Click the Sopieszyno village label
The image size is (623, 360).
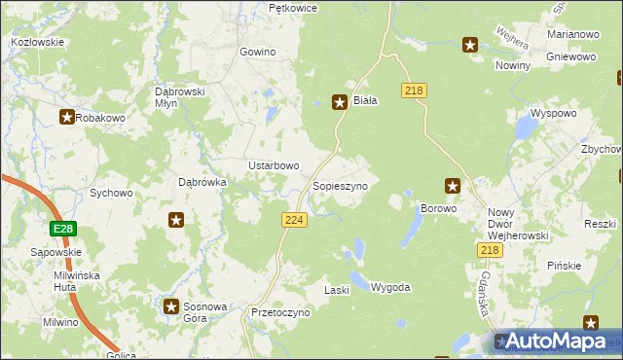(x=339, y=185)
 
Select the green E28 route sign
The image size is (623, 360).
(x=63, y=229)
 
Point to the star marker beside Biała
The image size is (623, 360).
(x=340, y=100)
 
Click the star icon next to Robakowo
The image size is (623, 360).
(x=66, y=118)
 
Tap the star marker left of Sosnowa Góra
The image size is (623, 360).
(x=171, y=306)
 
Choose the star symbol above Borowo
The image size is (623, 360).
(x=453, y=185)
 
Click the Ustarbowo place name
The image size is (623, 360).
(x=274, y=165)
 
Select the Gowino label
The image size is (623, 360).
(x=258, y=52)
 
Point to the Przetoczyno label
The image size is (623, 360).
(x=279, y=313)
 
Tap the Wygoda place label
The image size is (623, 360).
(x=390, y=288)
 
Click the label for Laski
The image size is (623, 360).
(x=336, y=290)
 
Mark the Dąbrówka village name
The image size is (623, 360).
(x=202, y=181)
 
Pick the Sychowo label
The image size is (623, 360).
(x=111, y=193)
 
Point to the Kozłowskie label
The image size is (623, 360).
(x=37, y=42)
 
